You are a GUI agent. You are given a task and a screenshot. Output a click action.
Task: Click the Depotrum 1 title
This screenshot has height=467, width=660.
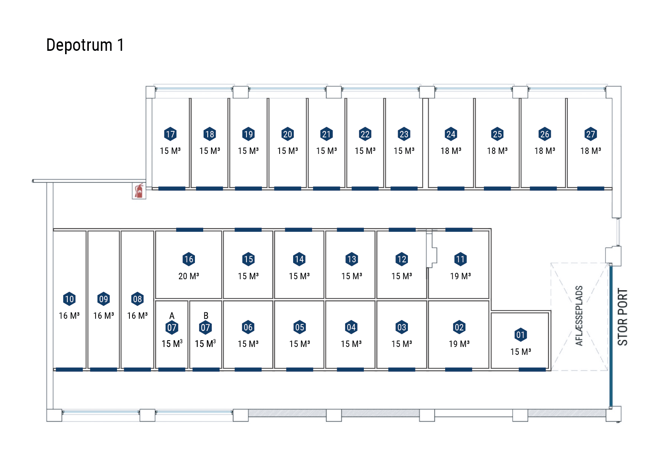[85, 45]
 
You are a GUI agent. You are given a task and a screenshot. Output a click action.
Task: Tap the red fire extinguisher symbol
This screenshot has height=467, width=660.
[139, 191]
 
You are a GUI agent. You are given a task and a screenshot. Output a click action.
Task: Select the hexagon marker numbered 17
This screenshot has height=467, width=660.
[170, 134]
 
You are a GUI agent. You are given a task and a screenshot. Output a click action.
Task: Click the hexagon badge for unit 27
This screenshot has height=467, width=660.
[591, 134]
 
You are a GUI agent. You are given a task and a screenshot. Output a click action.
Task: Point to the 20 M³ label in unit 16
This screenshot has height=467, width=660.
[189, 276]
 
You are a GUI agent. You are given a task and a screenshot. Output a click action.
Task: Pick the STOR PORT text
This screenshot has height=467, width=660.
[623, 317]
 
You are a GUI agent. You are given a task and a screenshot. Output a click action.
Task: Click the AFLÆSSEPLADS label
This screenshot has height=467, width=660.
[579, 315]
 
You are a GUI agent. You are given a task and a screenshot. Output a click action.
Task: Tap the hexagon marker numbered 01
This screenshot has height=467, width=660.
[520, 335]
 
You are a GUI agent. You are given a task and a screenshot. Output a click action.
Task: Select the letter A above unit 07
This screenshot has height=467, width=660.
[172, 316]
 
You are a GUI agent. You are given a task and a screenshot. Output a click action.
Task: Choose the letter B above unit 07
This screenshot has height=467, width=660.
[206, 316]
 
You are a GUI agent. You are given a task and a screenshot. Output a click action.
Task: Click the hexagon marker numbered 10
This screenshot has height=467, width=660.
[69, 299]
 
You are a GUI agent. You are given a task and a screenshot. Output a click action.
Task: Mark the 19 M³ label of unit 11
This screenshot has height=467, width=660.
[461, 276]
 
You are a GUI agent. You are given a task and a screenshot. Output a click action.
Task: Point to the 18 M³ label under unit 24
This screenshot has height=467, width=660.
[451, 151]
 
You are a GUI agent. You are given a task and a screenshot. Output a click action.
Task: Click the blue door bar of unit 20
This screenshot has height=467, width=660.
[287, 189]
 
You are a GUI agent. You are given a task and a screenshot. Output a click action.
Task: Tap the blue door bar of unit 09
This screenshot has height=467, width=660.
[103, 370]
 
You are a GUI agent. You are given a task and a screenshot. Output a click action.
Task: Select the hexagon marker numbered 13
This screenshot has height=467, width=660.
[351, 259]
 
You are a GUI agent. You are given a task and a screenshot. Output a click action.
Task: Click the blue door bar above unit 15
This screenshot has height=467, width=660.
[248, 230]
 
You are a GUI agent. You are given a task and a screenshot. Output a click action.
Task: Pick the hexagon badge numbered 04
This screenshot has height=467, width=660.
[351, 327]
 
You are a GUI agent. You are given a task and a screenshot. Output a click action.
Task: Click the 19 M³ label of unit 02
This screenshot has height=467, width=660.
[459, 344]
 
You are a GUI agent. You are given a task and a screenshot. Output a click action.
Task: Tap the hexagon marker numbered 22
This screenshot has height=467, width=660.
[365, 134]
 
